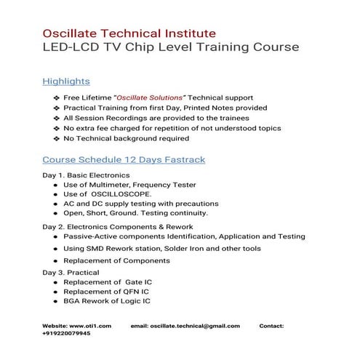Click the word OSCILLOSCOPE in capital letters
tap(121, 195)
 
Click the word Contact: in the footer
tap(271, 327)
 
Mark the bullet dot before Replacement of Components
tap(55, 260)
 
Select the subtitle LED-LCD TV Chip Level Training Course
tap(171, 48)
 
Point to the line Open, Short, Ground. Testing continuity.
tap(135, 214)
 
